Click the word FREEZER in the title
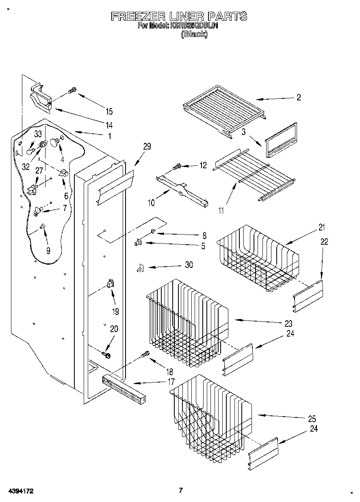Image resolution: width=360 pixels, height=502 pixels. (138, 16)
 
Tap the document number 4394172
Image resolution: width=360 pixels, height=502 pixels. (20, 491)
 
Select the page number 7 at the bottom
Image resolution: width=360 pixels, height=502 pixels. (181, 490)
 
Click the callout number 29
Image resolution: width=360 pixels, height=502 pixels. (147, 146)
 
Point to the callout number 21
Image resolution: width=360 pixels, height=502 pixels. (322, 227)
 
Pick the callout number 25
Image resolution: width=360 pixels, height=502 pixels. (312, 419)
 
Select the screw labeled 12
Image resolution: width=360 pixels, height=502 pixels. (177, 166)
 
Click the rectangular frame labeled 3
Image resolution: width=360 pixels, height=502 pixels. (281, 139)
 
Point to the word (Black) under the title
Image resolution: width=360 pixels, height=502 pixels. (194, 35)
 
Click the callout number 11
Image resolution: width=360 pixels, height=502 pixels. (221, 211)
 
